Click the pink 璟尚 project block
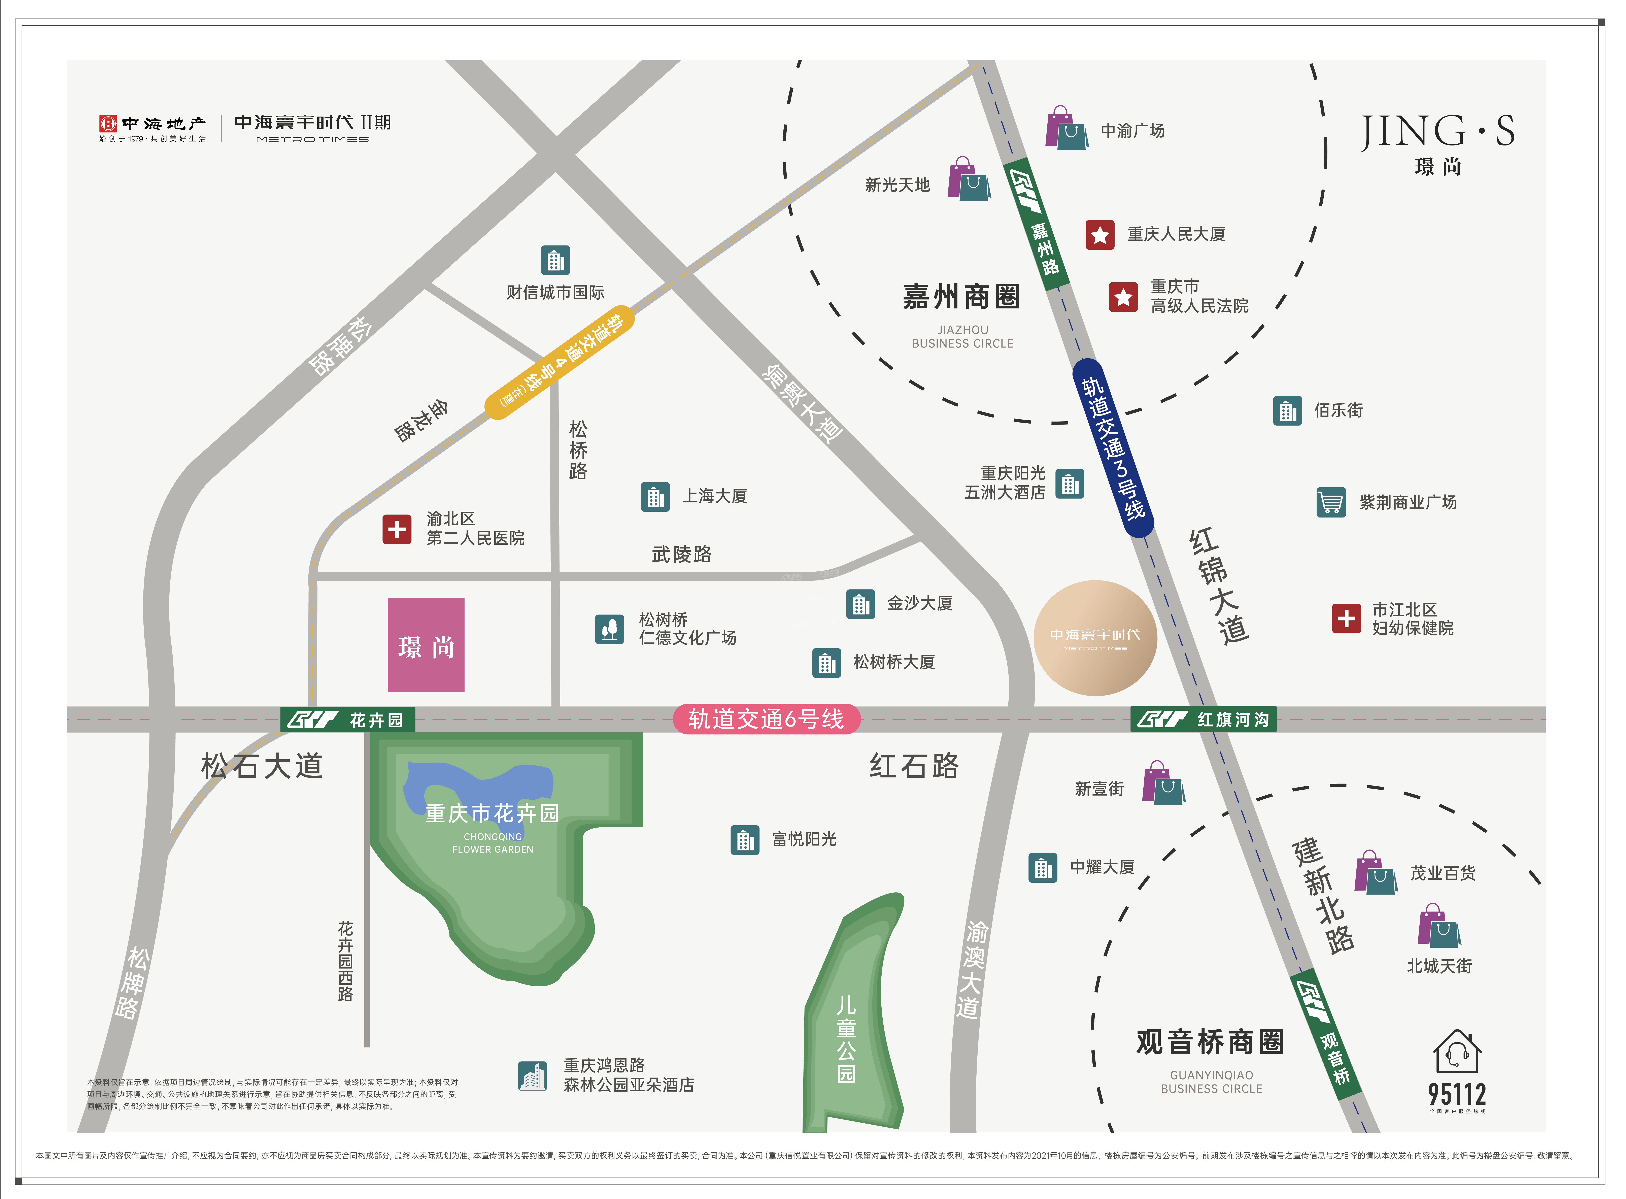point(426,644)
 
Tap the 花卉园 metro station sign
point(347,719)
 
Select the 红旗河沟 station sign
point(1203,719)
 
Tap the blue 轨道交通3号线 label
point(1112,448)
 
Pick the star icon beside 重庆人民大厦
point(1099,234)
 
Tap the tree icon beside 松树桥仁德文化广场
point(609,629)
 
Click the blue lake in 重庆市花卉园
point(479,784)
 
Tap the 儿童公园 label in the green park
point(846,1039)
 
